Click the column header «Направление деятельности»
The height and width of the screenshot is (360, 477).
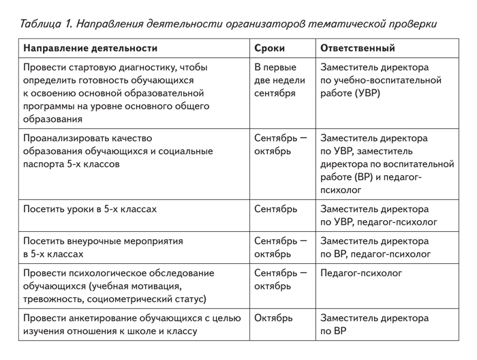pos(90,48)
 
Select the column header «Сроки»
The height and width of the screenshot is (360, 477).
pos(269,48)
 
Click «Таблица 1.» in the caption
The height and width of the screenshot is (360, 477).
pos(46,24)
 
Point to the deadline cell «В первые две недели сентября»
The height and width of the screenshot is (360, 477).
pos(275,80)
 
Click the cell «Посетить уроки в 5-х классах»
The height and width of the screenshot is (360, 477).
pos(90,209)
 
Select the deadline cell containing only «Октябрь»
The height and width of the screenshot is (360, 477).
pos(273,318)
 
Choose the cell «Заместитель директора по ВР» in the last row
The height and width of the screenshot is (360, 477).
pos(375,325)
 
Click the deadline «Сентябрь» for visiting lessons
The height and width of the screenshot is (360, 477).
pos(275,209)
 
